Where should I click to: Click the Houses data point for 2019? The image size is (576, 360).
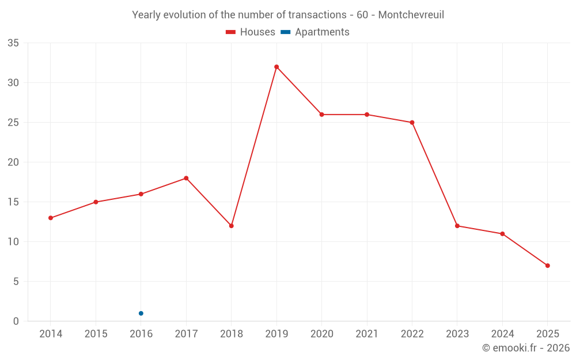[x=276, y=67]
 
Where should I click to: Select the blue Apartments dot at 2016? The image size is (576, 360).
[x=141, y=313]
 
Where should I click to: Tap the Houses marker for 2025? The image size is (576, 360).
[x=548, y=266]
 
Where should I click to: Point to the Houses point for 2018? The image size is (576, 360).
[x=232, y=226]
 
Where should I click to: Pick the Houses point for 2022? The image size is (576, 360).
[x=412, y=123]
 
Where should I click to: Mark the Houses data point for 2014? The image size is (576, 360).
[x=51, y=218]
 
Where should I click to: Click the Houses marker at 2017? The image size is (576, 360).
[x=186, y=178]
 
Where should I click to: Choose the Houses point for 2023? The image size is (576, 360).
[x=457, y=226]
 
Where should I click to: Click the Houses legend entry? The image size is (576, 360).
[x=251, y=32]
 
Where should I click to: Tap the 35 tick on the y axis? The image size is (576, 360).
[x=13, y=43]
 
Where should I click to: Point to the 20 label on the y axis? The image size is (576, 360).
[x=13, y=162]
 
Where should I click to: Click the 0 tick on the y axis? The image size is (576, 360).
[x=16, y=321]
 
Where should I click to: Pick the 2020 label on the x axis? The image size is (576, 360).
[x=321, y=334]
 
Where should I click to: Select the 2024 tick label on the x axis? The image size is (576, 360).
[x=502, y=334]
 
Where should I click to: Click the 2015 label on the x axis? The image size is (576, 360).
[x=96, y=334]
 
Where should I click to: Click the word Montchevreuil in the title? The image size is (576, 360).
[x=411, y=14]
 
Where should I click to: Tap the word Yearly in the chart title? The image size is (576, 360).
[x=145, y=14]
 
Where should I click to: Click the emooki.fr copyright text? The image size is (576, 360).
[x=525, y=348]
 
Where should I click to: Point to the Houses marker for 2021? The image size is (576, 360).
[x=367, y=115]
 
